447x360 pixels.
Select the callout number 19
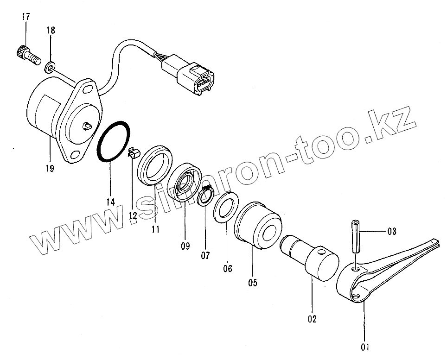pyautogui.click(x=49, y=168)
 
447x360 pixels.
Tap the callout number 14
pyautogui.click(x=110, y=202)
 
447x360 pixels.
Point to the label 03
pyautogui.click(x=392, y=231)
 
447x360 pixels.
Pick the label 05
pyautogui.click(x=252, y=282)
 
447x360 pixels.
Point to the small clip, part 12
pyautogui.click(x=133, y=153)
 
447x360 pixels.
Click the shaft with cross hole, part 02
pyautogui.click(x=312, y=259)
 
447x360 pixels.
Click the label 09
pyautogui.click(x=185, y=246)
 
